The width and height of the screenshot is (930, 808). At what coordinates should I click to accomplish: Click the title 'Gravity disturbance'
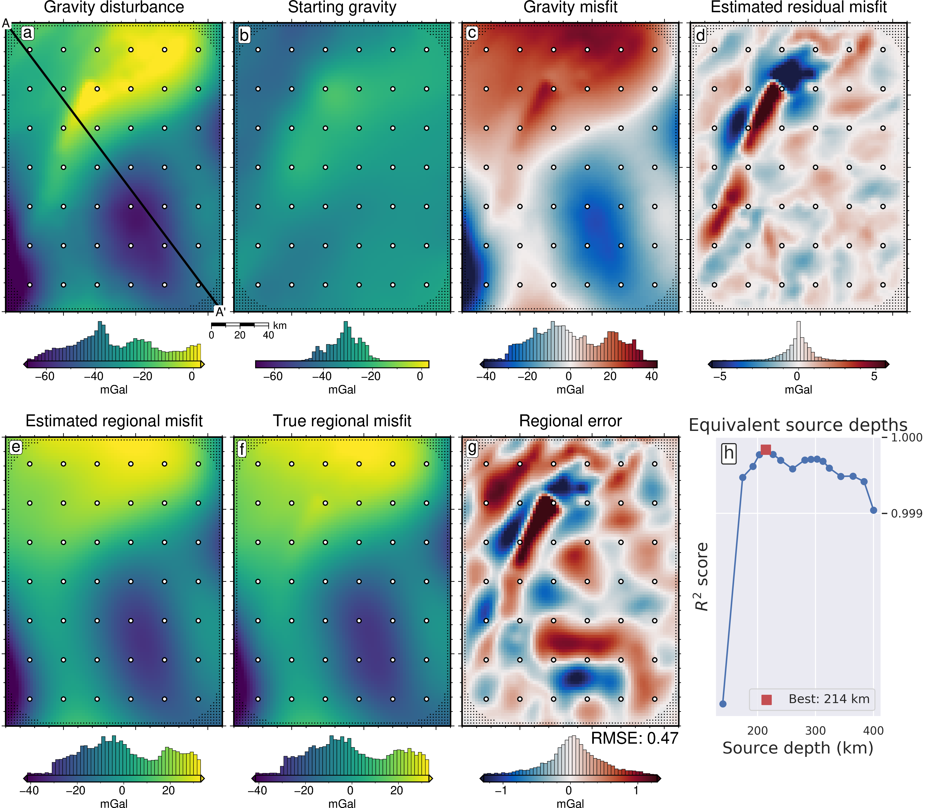point(114,8)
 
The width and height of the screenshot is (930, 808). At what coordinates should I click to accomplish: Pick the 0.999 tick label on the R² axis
point(907,514)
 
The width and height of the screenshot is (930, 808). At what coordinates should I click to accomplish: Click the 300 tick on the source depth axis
point(816,730)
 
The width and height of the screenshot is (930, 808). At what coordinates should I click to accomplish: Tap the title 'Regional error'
point(570,421)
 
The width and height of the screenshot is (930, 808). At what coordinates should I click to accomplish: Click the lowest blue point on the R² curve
point(723,704)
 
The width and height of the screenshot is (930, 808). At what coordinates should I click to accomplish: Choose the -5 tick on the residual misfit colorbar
point(720,377)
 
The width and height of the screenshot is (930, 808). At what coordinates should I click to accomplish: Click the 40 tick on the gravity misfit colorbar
point(651,377)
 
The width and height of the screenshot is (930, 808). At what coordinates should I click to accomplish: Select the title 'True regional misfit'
point(342,421)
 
